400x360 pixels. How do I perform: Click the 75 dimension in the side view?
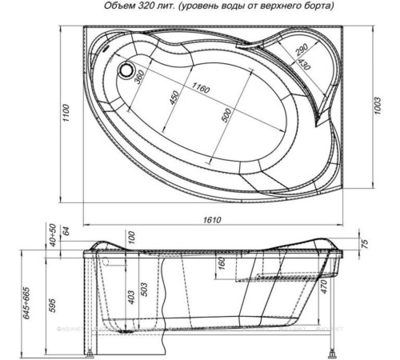pyautogui.click(x=364, y=244)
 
